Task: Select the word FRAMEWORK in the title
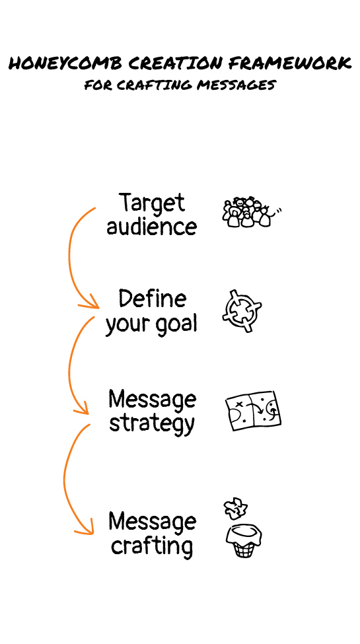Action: coord(290,63)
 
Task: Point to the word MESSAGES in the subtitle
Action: coord(236,85)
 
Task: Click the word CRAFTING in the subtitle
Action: coord(155,85)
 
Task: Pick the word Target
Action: coord(152,203)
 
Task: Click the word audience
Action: coord(152,227)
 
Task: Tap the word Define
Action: coord(153,299)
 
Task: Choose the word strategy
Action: coord(152,423)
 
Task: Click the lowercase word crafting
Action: coord(152,546)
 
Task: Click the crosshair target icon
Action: coord(242,311)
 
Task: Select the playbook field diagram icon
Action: coord(253,410)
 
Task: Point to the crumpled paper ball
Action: coord(235,509)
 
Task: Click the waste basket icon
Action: coord(244,541)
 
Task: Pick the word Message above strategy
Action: coord(152,400)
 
